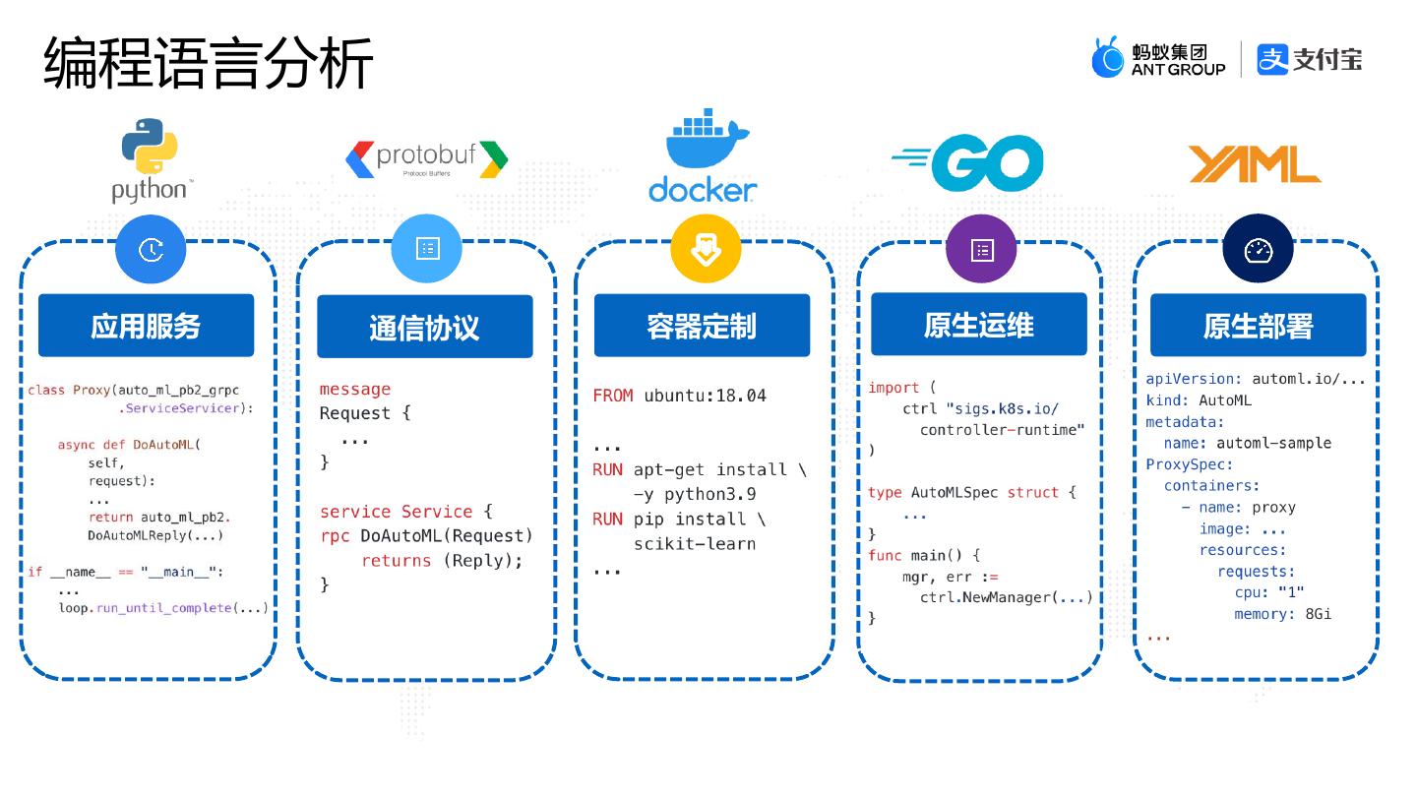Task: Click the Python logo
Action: [x=151, y=160]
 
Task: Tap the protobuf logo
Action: [x=427, y=158]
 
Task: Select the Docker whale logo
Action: [x=704, y=155]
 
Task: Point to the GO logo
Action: [x=968, y=163]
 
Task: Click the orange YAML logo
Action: [x=1255, y=163]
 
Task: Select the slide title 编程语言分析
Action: [x=209, y=63]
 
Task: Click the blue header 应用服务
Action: [x=146, y=325]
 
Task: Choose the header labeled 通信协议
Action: [x=424, y=327]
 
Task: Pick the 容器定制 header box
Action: [x=702, y=325]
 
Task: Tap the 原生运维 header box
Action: [x=978, y=324]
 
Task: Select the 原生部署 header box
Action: [x=1259, y=325]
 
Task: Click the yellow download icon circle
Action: [x=706, y=249]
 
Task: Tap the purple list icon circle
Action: [x=981, y=249]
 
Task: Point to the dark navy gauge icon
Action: [x=1259, y=249]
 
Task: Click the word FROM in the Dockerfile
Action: [x=612, y=396]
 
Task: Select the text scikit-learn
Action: [x=695, y=544]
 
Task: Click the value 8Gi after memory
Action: [x=1319, y=614]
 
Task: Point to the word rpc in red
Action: [x=335, y=536]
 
